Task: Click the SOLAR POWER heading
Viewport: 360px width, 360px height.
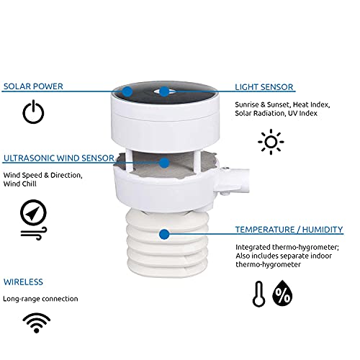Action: coord(33,86)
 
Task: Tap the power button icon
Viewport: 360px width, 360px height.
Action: coord(34,112)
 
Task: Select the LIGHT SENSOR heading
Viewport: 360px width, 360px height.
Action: coord(264,86)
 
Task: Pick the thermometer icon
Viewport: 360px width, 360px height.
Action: coord(259,294)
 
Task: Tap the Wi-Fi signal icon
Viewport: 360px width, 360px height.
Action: coord(33,320)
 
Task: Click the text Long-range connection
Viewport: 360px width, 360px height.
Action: coord(40,298)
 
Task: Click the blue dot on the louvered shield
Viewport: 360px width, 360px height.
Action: coord(165,235)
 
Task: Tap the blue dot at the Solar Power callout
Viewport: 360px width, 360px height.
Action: coord(127,91)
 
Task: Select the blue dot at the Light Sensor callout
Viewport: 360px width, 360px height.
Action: coord(165,91)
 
